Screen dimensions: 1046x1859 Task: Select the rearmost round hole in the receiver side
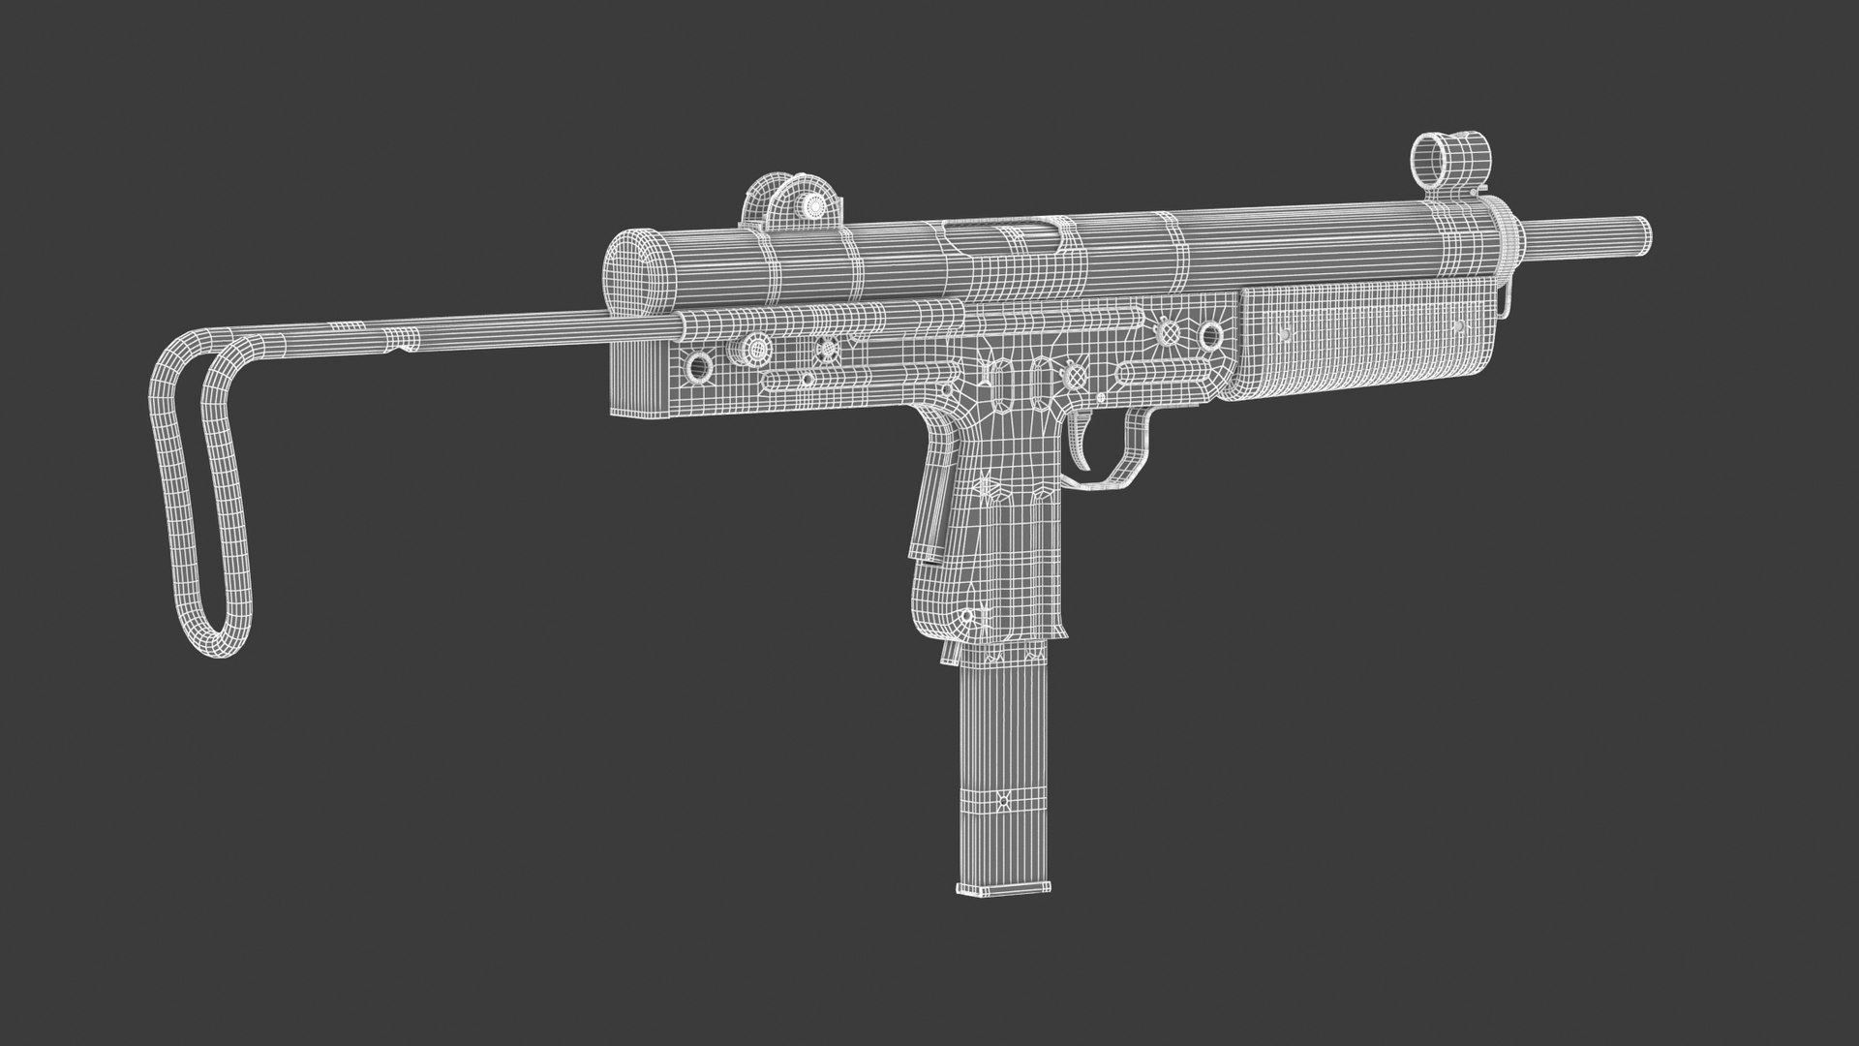pos(696,366)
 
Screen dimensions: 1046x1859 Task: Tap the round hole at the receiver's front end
pos(1210,335)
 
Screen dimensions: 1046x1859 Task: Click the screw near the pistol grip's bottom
pos(965,616)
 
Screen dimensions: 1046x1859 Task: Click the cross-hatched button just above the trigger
pos(1074,374)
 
